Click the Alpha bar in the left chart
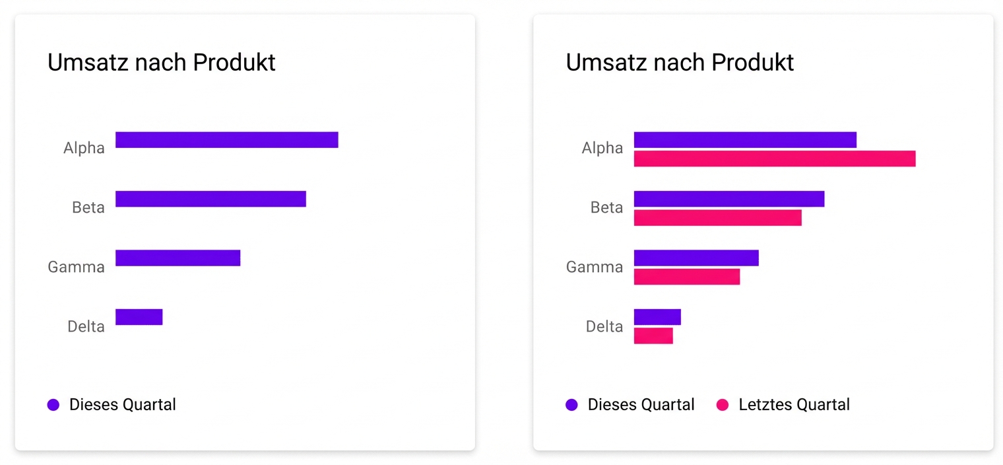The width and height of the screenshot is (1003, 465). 226,140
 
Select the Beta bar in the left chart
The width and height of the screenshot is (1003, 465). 210,199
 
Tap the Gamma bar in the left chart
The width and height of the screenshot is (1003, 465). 178,258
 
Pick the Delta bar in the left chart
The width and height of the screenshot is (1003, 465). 139,317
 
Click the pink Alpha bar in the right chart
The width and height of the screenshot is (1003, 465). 774,159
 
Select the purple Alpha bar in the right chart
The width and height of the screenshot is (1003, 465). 745,140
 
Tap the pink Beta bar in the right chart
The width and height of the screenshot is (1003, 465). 717,218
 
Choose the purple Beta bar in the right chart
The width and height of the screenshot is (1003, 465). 729,199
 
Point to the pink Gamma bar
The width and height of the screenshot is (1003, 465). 686,277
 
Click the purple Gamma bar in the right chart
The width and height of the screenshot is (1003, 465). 696,258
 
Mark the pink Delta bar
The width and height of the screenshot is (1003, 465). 653,336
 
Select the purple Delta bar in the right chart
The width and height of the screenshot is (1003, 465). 657,317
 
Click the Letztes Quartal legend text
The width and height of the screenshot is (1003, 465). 794,405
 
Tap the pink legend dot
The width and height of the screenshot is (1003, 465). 723,405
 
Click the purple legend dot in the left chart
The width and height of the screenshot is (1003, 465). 53,405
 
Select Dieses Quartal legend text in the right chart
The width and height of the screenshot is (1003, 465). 641,405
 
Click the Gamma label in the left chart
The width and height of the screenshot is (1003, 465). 76,268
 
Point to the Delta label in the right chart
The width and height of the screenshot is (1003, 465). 604,326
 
